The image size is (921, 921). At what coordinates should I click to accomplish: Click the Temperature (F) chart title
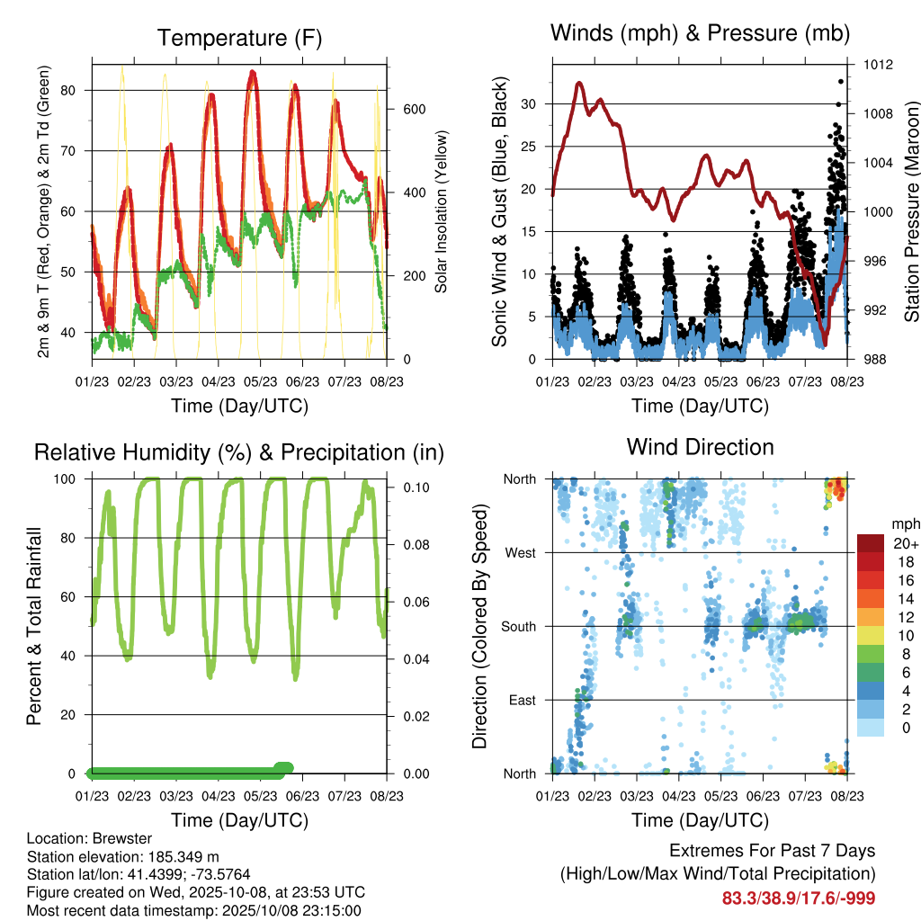[x=238, y=38]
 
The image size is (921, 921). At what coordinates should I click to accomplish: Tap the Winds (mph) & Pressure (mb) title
[x=700, y=33]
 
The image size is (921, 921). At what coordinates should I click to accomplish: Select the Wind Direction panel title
[x=700, y=446]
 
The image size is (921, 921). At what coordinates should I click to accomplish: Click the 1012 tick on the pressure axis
[x=879, y=65]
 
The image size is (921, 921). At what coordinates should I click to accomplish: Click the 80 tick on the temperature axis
[x=77, y=90]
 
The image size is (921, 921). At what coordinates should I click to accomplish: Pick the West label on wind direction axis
[x=522, y=552]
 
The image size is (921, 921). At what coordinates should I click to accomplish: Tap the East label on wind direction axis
[x=523, y=700]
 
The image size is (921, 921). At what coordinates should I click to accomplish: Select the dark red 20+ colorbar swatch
[x=872, y=544]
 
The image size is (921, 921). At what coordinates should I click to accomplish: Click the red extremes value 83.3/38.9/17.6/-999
[x=799, y=898]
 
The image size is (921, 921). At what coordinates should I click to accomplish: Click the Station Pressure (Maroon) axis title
[x=911, y=211]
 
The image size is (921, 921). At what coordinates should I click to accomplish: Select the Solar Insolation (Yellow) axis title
[x=442, y=211]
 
